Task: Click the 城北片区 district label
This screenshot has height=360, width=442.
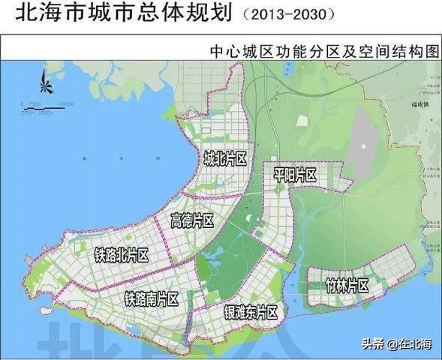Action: (225, 159)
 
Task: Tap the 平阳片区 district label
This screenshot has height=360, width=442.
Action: (295, 175)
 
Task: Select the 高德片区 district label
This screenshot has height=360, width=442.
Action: (192, 220)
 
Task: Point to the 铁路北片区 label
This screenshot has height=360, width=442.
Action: (122, 256)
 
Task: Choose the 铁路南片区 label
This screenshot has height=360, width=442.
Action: (152, 299)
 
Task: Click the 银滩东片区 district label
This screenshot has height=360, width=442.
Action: (251, 312)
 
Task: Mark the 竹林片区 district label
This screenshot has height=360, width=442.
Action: (347, 286)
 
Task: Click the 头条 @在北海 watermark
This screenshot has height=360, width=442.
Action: (397, 344)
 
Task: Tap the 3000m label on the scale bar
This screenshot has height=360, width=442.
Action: (67, 103)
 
